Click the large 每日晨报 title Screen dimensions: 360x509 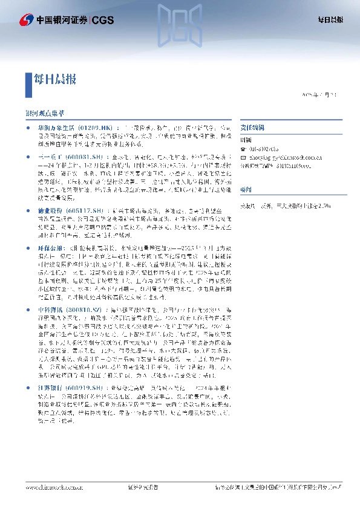tap(54, 79)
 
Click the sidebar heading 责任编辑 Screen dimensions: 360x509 tap(249, 128)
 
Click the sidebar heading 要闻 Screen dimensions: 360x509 tap(245, 189)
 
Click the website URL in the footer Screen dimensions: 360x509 tap(54, 486)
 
